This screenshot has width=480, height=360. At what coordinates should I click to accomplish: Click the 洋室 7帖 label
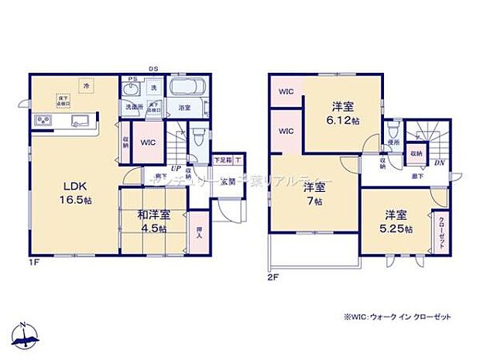click(314, 194)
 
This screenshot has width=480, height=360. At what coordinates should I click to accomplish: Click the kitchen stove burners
click(42, 122)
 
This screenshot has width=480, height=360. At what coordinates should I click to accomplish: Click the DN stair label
click(439, 163)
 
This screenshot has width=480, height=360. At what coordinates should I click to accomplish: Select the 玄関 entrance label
click(227, 183)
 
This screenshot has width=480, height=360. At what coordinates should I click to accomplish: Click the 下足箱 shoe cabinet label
click(223, 160)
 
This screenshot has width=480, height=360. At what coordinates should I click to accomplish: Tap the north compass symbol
click(27, 333)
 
